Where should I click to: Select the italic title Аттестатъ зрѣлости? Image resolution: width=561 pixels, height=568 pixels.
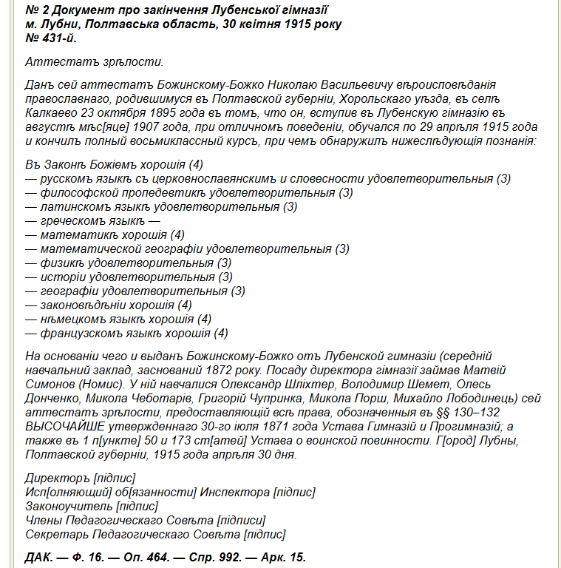pyautogui.click(x=94, y=61)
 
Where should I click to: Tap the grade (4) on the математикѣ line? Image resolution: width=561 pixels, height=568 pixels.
pyautogui.click(x=177, y=234)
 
